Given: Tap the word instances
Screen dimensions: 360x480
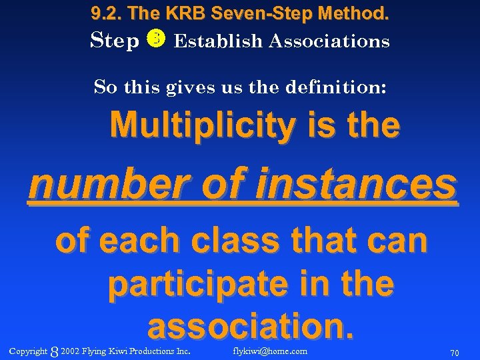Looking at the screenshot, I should [363, 185].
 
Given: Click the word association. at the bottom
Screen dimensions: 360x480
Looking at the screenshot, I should [250, 327].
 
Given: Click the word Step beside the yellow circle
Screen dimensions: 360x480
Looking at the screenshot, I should [114, 41].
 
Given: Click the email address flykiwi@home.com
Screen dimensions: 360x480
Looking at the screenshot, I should [270, 351].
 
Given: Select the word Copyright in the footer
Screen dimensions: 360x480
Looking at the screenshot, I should [29, 351].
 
